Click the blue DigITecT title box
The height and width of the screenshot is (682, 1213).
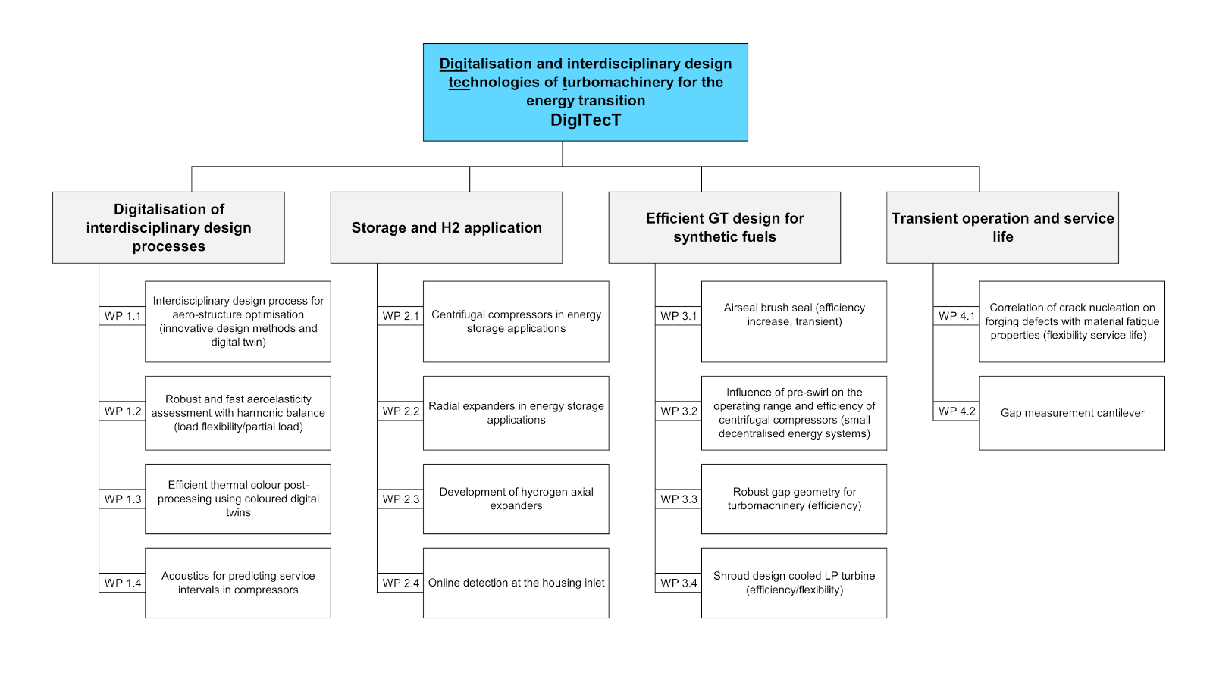(585, 92)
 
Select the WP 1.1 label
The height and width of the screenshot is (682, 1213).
(122, 316)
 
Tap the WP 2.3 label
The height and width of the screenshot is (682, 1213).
(401, 499)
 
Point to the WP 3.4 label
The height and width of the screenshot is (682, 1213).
(679, 583)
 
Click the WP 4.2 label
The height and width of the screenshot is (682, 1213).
(957, 411)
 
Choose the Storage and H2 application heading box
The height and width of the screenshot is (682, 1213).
(447, 228)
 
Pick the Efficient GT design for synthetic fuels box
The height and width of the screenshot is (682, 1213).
(725, 228)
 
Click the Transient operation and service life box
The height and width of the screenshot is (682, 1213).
(1002, 228)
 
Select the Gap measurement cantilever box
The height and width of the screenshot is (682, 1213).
(1072, 414)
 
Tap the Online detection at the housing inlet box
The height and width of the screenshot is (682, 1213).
(516, 583)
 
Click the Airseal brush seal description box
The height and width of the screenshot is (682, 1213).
(794, 321)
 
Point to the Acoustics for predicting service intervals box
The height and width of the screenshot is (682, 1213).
(238, 583)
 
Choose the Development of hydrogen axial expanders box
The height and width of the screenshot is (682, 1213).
(516, 499)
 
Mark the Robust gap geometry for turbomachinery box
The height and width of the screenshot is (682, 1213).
(794, 499)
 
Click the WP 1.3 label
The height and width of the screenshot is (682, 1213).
(122, 499)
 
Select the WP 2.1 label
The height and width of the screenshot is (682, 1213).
(401, 316)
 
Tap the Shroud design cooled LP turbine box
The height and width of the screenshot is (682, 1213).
(794, 583)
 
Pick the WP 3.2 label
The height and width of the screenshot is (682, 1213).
(679, 411)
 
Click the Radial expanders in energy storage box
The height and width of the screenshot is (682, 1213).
(516, 414)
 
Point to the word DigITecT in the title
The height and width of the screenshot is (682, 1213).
(585, 120)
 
